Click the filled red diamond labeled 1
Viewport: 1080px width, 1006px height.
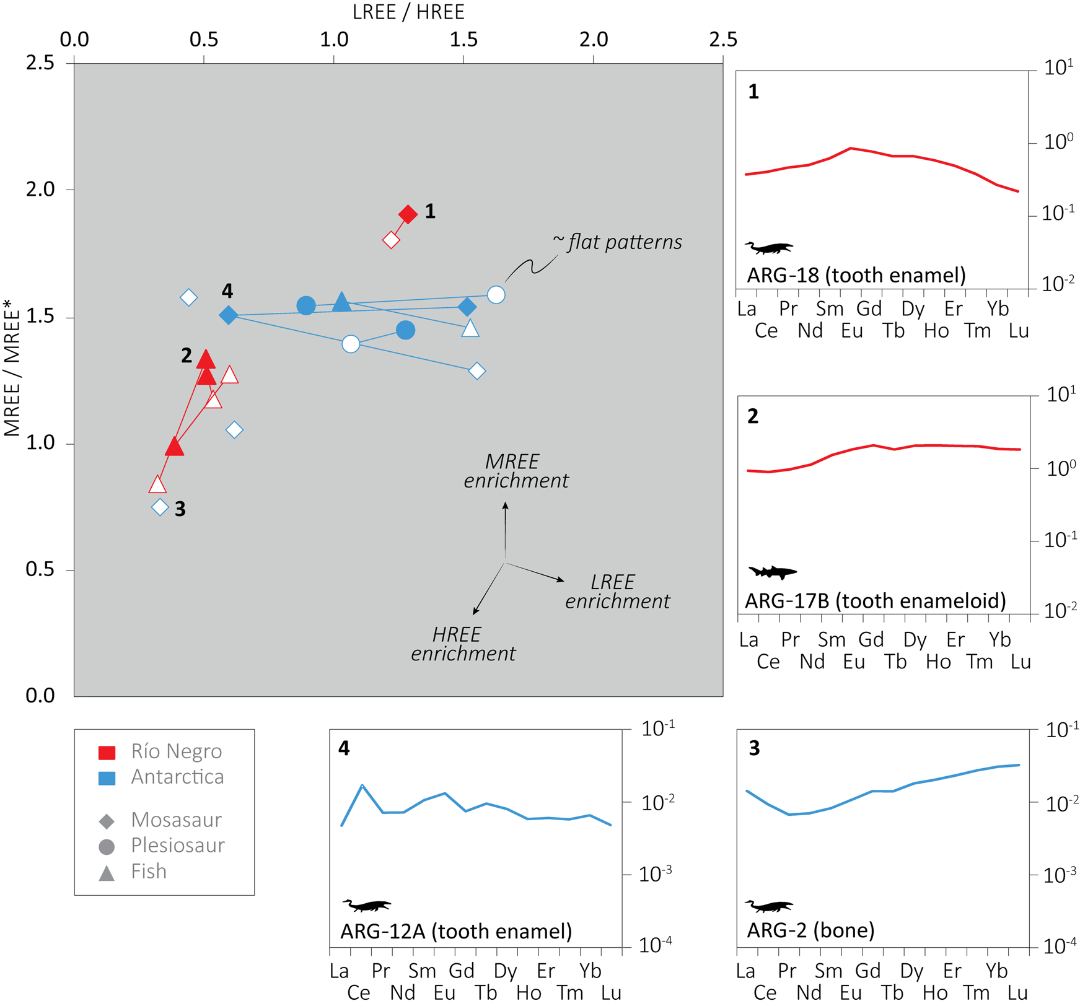pyautogui.click(x=408, y=214)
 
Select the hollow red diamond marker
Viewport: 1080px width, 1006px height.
pyautogui.click(x=391, y=240)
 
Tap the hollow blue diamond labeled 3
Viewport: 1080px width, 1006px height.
pyautogui.click(x=160, y=507)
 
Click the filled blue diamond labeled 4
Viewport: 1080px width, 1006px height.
pyautogui.click(x=228, y=315)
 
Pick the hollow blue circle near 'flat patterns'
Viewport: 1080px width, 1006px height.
pyautogui.click(x=496, y=295)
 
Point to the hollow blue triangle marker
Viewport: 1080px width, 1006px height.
pyautogui.click(x=470, y=328)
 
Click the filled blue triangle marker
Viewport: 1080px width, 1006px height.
pyautogui.click(x=341, y=302)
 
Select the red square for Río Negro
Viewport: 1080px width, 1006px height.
pyautogui.click(x=107, y=753)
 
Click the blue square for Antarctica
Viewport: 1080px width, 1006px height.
pyautogui.click(x=107, y=778)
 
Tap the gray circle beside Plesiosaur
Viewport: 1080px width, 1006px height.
pyautogui.click(x=107, y=847)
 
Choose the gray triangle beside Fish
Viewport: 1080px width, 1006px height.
pyautogui.click(x=107, y=873)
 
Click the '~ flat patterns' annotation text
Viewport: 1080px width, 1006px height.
pyautogui.click(x=618, y=242)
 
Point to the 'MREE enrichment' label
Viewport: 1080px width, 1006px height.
pyautogui.click(x=516, y=471)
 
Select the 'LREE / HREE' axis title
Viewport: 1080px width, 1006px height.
pyautogui.click(x=408, y=12)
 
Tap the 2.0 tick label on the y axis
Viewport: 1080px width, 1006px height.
pyautogui.click(x=41, y=190)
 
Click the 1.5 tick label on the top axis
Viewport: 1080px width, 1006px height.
pyautogui.click(x=463, y=40)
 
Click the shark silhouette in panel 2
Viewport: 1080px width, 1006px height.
pyautogui.click(x=772, y=572)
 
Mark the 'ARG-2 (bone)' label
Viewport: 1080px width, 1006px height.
pyautogui.click(x=810, y=930)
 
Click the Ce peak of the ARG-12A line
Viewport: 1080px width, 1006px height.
pyautogui.click(x=362, y=785)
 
